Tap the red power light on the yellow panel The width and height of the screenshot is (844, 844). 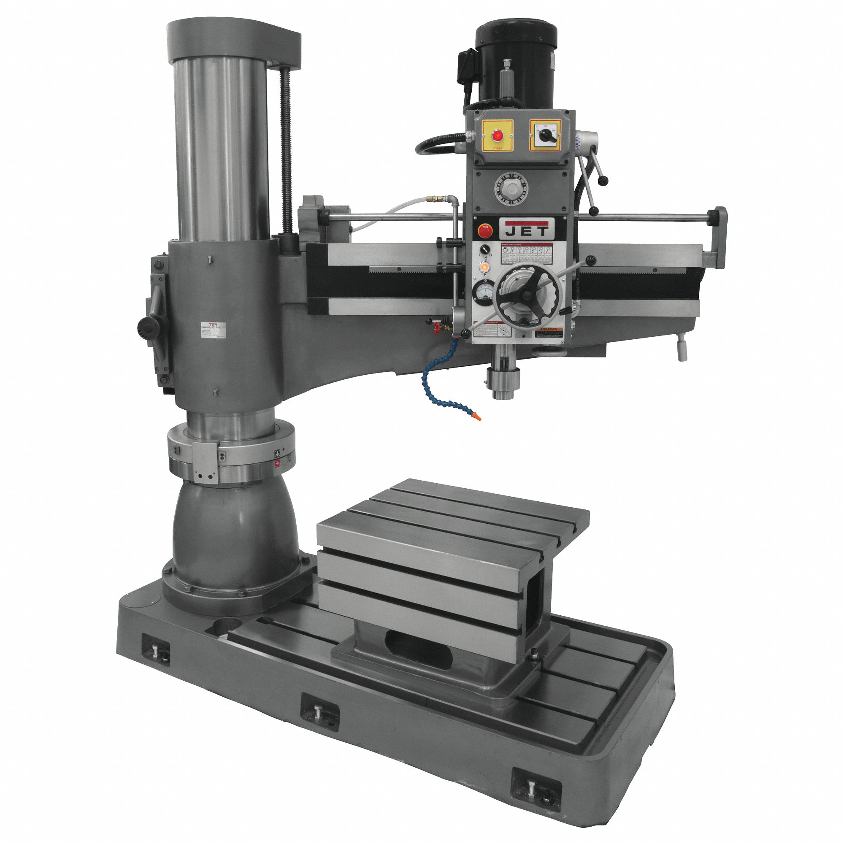tap(497, 136)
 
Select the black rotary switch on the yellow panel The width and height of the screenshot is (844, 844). tap(546, 136)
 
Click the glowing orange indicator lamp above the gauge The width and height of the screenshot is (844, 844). tap(484, 267)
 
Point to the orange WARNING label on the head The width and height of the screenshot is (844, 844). tap(549, 333)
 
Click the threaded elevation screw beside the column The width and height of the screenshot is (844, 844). tap(287, 153)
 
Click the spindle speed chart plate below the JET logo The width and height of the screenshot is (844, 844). tap(526, 253)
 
